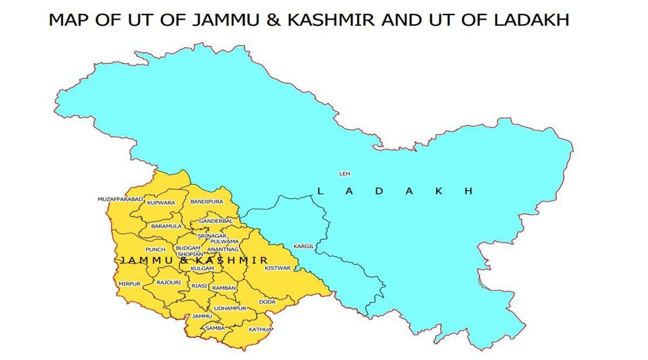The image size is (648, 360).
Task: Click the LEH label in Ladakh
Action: pos(344,174)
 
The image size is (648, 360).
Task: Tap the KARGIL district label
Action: pos(303,246)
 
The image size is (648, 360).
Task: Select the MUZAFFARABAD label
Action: pos(120,199)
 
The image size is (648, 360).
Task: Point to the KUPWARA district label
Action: pos(161,202)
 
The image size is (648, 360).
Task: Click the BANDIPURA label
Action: pos(206,201)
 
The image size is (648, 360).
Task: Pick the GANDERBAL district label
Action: pos(215,221)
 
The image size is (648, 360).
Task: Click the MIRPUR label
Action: pos(130,283)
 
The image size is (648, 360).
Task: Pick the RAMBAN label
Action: pos(224,288)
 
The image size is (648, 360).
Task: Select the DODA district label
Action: pos(267,302)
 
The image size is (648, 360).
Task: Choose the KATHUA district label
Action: pos(260,329)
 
